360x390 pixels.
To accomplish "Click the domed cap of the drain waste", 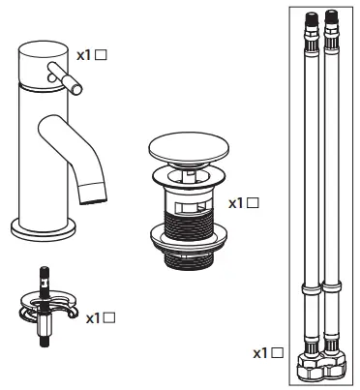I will coord(188,150).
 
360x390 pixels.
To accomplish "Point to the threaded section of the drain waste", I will coord(189,230).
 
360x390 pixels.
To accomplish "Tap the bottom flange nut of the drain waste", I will coord(189,262).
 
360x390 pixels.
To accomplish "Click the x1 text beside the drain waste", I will coord(236,204).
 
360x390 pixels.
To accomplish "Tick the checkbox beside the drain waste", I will coord(254,204).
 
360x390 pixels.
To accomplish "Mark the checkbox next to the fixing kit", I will coord(110,317).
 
